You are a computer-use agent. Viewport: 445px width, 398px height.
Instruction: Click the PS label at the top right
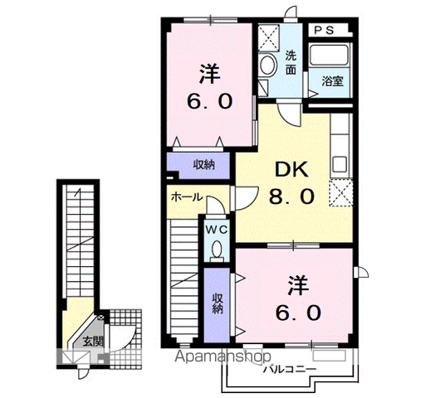[x=324, y=30]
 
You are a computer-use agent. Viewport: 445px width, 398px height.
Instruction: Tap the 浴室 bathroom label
[x=332, y=81]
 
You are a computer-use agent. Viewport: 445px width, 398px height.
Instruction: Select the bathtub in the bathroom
[x=330, y=55]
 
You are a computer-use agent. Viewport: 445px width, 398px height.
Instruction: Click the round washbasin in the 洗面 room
[x=267, y=66]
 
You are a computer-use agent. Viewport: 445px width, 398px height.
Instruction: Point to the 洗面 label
[x=291, y=62]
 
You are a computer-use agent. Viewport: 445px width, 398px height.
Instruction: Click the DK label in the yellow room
[x=291, y=169]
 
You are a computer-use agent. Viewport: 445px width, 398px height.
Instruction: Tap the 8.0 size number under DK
[x=291, y=197]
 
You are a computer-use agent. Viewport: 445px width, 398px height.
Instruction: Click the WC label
[x=217, y=230]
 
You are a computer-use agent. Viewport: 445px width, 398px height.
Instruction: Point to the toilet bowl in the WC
[x=218, y=250]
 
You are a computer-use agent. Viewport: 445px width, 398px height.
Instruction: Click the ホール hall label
[x=187, y=197]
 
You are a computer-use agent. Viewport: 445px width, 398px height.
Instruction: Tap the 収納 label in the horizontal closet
[x=203, y=164]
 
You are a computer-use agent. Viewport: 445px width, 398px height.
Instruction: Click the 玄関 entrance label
[x=93, y=342]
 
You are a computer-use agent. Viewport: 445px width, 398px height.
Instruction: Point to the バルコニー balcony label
[x=290, y=369]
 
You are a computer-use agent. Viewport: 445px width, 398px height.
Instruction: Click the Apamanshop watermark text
[x=222, y=357]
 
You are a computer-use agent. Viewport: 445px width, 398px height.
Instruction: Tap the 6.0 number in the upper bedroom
[x=210, y=101]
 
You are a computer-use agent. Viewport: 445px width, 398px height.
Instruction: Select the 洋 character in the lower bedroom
[x=298, y=286]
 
